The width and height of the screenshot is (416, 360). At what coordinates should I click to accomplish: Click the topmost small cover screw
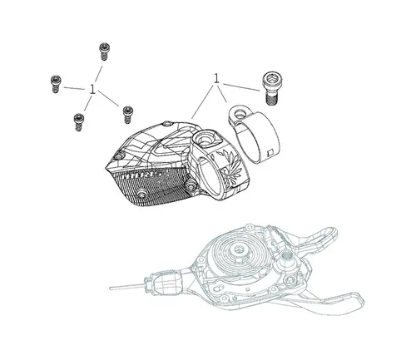coord(104,52)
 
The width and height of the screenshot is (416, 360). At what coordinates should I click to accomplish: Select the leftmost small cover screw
coord(56,84)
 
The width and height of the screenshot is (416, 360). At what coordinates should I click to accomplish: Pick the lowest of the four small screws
coord(79,122)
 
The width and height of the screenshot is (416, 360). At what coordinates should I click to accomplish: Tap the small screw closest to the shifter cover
coord(127,115)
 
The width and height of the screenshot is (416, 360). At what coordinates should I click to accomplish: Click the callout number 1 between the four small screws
coord(92,90)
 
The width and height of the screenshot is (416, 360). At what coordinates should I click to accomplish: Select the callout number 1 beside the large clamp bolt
coord(216,79)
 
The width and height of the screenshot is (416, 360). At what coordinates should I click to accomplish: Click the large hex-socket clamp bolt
coord(270,87)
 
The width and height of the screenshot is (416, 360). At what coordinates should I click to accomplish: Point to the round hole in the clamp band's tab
coord(239,113)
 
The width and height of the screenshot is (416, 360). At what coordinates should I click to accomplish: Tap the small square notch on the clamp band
coord(270,152)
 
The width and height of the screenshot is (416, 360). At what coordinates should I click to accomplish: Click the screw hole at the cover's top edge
coord(166,123)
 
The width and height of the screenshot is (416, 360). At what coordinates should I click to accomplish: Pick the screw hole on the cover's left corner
coord(119,155)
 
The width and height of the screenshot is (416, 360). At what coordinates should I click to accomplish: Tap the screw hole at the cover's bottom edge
coord(141,193)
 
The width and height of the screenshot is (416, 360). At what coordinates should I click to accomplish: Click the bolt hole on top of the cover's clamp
coord(206,137)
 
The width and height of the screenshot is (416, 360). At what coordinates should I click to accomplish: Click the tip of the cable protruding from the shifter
coord(111,288)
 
